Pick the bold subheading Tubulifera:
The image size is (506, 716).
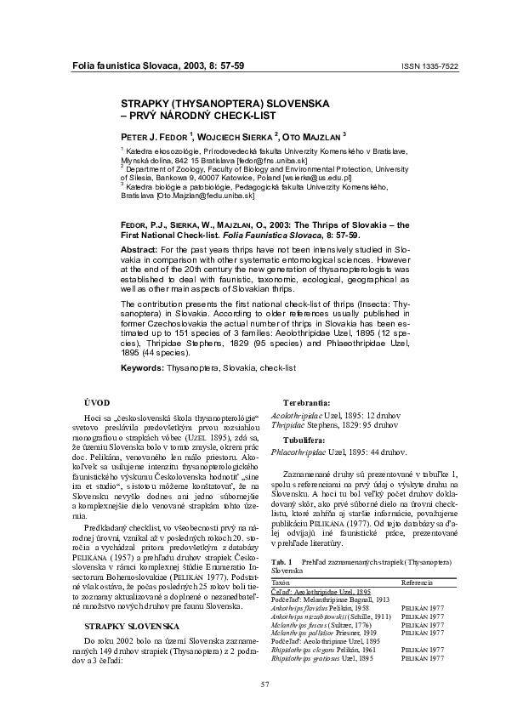306,441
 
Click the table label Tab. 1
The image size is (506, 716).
280,563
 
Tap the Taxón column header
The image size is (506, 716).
281,583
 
